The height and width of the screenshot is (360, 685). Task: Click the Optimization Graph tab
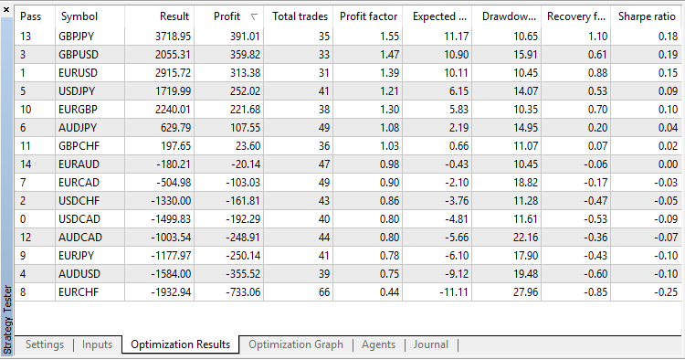(296, 344)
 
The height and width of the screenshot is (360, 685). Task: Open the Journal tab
(430, 344)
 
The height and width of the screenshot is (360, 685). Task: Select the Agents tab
(378, 344)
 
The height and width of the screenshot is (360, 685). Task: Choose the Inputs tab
(97, 344)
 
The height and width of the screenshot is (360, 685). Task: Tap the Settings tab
(45, 344)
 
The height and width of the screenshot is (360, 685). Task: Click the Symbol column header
(79, 16)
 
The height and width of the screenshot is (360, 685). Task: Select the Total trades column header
(301, 16)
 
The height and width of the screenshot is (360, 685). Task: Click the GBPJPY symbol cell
(80, 36)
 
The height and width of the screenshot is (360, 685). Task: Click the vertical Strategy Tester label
(7, 316)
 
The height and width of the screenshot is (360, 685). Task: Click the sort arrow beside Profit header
(253, 16)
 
